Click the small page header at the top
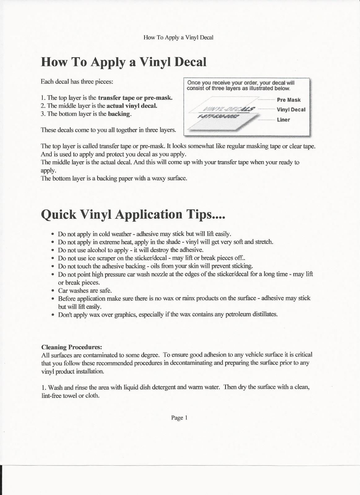[x=178, y=37]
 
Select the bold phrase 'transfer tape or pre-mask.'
[x=135, y=98]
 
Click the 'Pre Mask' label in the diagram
[x=288, y=100]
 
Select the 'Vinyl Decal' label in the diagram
[x=291, y=110]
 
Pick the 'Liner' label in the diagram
[x=283, y=120]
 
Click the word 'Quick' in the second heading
[x=59, y=214]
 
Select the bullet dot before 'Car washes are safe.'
[x=53, y=291]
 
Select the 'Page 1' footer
[x=180, y=418]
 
